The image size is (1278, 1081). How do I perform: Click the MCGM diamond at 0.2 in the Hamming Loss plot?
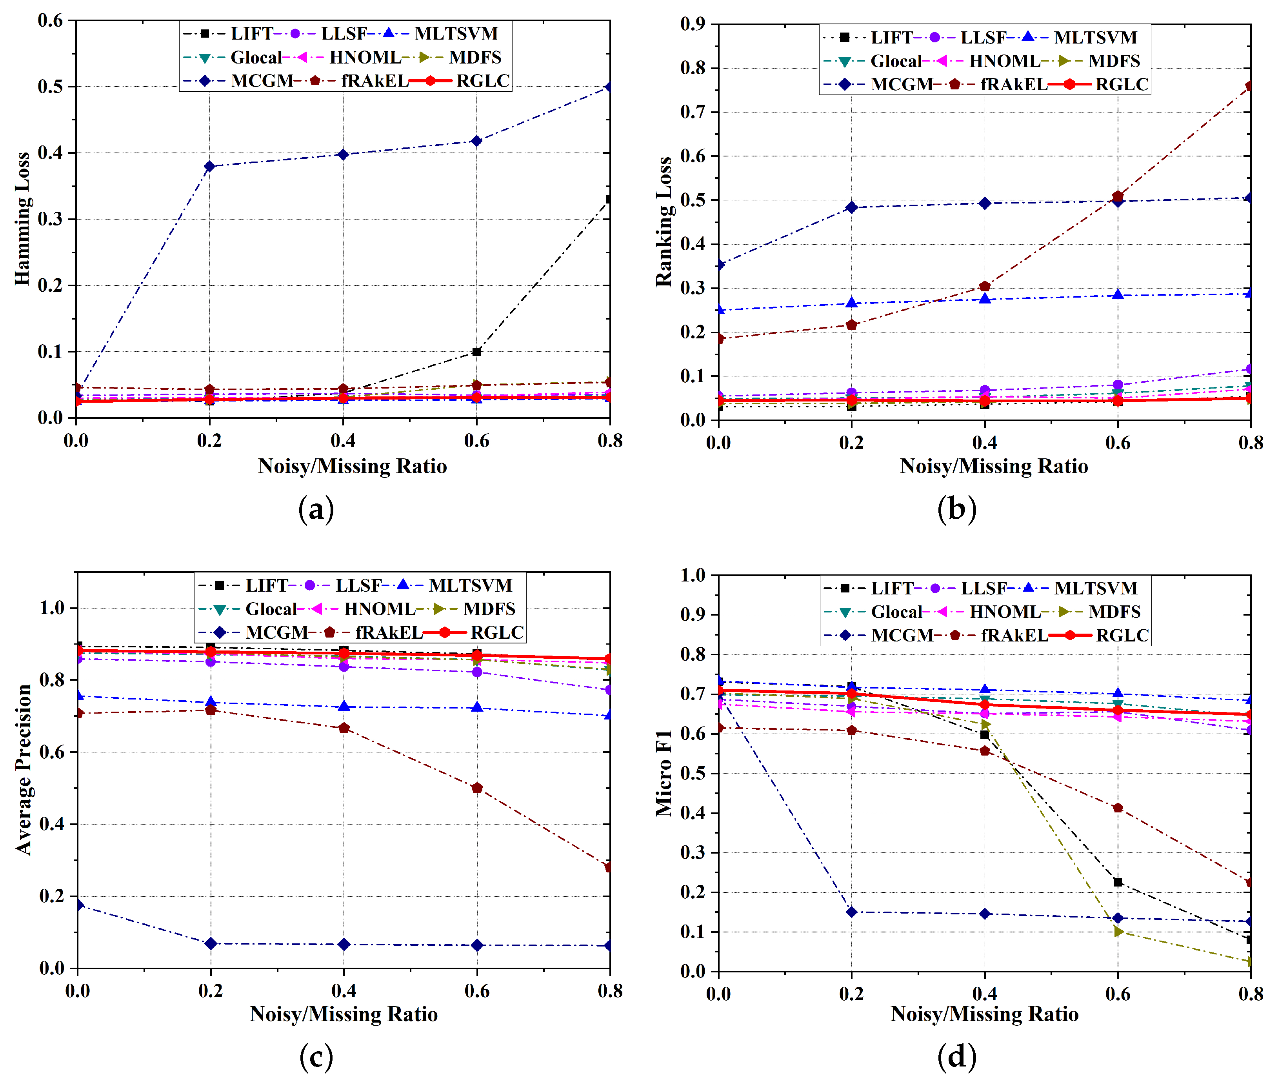click(210, 166)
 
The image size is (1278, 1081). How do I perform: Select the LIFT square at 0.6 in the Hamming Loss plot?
click(476, 352)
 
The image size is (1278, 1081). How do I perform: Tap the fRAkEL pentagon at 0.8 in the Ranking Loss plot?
click(1249, 86)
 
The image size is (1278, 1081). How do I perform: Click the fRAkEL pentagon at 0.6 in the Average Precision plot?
click(477, 788)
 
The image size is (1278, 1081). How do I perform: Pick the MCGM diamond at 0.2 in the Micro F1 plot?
click(851, 912)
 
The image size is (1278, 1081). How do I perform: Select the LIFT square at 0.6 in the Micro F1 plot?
click(1117, 883)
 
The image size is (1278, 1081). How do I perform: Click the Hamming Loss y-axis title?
click(22, 219)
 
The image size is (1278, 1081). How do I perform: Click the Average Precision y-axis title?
click(23, 770)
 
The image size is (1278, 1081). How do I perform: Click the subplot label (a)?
click(316, 509)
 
